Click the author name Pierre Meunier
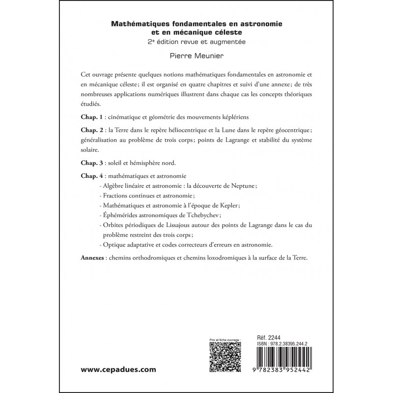196,56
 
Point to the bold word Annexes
92,258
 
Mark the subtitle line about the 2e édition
196,42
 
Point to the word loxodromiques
234,258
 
